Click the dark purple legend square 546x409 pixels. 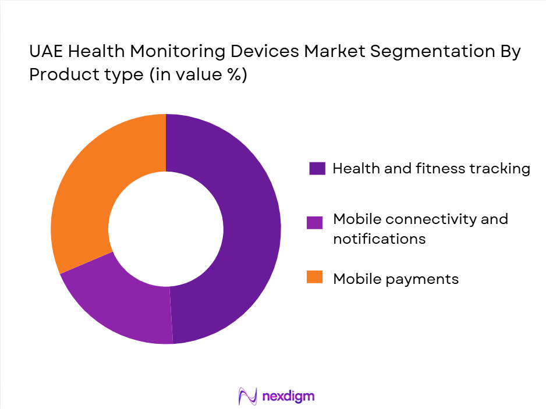pyautogui.click(x=316, y=169)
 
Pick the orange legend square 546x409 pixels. pyautogui.click(x=316, y=279)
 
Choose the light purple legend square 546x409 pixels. pyautogui.click(x=316, y=223)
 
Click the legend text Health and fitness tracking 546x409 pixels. pyautogui.click(x=431, y=169)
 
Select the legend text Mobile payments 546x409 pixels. pyautogui.click(x=396, y=279)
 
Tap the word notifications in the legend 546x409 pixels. pyautogui.click(x=379, y=239)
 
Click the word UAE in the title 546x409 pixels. pyautogui.click(x=45, y=51)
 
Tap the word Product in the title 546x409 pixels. pyautogui.click(x=56, y=75)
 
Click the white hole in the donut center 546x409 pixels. pyautogui.click(x=166, y=229)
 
